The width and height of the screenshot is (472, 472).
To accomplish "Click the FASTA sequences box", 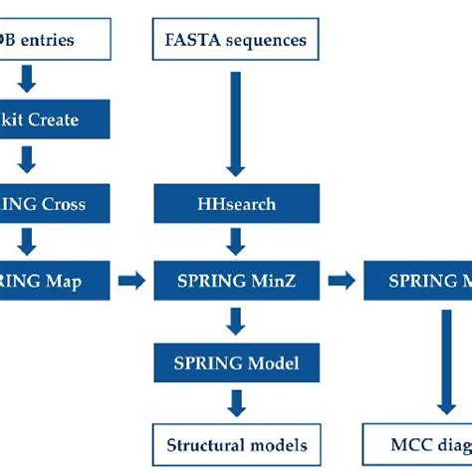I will [x=235, y=41].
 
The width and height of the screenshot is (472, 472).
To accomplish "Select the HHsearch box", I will [x=235, y=205].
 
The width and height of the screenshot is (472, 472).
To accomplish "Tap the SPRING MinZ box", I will [x=235, y=281].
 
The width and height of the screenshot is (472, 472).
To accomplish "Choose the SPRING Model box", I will [x=235, y=358].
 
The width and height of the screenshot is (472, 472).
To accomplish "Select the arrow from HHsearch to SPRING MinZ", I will [x=235, y=242].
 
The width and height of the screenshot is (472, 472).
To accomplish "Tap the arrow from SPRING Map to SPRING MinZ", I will [x=130, y=281].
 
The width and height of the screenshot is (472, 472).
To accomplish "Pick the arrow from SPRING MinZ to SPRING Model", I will [x=235, y=320].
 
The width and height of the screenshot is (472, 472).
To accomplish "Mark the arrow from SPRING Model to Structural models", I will [x=235, y=400].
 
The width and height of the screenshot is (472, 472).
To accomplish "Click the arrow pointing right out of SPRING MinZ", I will [x=341, y=281].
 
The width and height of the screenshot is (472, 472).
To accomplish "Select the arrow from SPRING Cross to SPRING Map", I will [x=28, y=242].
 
